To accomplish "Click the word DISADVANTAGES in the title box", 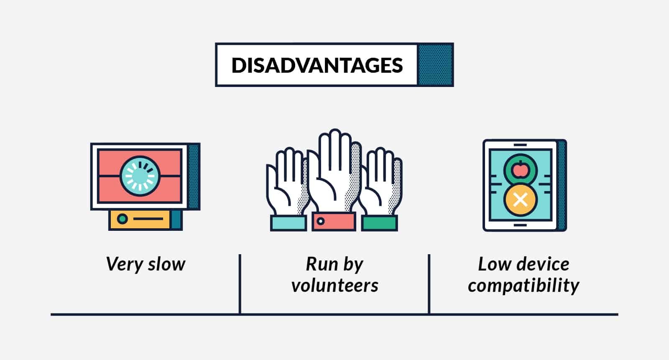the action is coord(317,65).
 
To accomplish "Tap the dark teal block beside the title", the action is coord(435,65).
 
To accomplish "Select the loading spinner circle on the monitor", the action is coord(140,176).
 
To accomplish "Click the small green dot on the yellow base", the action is coord(123,219).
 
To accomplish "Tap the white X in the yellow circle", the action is coord(520,200).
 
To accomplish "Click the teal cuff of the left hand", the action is coord(288,223).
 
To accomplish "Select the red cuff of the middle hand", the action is coord(334,222).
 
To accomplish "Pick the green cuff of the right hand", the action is coord(379,223).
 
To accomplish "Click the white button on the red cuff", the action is coord(321,221).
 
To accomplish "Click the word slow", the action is coord(167,264).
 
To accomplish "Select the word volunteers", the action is coord(335,285).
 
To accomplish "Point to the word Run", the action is coord(321,264).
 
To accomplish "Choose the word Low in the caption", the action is coord(494,264).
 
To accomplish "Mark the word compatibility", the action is coord(523,286).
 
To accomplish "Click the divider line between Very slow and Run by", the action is coord(240,284).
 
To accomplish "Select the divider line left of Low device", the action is coord(429,284).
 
